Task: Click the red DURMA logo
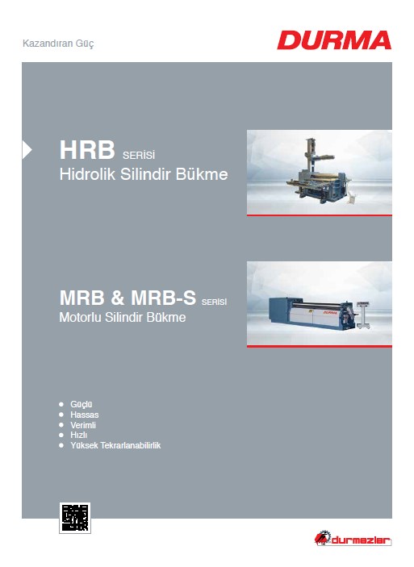click(334, 40)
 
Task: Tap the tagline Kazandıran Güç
click(58, 44)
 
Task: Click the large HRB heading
click(87, 150)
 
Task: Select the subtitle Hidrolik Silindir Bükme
click(144, 174)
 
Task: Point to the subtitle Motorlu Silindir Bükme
click(123, 317)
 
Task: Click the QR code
click(75, 518)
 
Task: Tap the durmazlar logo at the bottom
click(353, 540)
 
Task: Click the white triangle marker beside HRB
click(27, 150)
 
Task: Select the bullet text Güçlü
click(82, 404)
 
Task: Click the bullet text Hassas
click(84, 415)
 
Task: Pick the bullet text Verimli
click(83, 425)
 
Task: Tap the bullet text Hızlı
click(79, 435)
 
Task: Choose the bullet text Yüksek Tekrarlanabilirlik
click(115, 445)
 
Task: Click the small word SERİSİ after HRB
click(139, 156)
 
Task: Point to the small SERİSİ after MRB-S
click(214, 302)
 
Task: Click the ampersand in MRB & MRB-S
click(118, 298)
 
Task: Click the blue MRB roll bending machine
click(312, 312)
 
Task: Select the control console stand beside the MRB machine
click(363, 315)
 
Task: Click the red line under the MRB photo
click(320, 347)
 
